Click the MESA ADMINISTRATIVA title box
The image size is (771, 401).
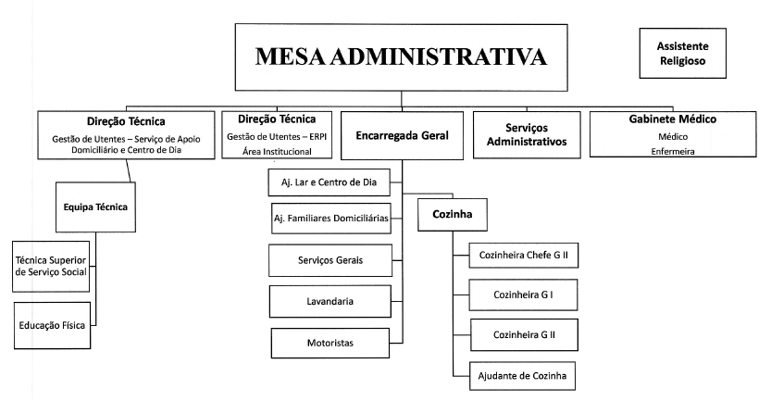(402, 57)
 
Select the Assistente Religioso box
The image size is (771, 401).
(682, 53)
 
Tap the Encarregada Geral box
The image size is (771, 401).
(402, 135)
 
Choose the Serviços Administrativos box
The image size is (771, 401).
(527, 135)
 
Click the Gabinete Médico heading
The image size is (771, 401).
(673, 119)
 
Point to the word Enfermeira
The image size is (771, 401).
(673, 152)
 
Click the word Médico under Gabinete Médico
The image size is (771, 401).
(673, 137)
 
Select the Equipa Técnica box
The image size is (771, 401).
(95, 207)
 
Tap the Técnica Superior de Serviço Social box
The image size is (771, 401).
(51, 266)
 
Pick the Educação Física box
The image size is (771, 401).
(52, 325)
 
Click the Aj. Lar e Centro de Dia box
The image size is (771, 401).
(329, 182)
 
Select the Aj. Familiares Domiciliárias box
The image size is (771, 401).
(331, 218)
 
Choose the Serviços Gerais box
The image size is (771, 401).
(330, 260)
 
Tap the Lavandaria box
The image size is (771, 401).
(330, 301)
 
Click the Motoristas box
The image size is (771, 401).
(330, 343)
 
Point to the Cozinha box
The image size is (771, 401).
(453, 215)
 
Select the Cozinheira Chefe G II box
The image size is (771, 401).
(524, 256)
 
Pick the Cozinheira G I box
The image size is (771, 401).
(523, 294)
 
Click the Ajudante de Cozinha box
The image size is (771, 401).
(522, 376)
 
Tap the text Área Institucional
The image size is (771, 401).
(277, 152)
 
